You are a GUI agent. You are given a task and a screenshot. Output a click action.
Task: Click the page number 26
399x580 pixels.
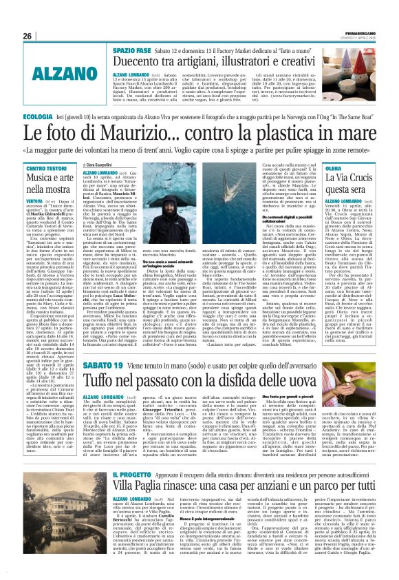click(x=28, y=36)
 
